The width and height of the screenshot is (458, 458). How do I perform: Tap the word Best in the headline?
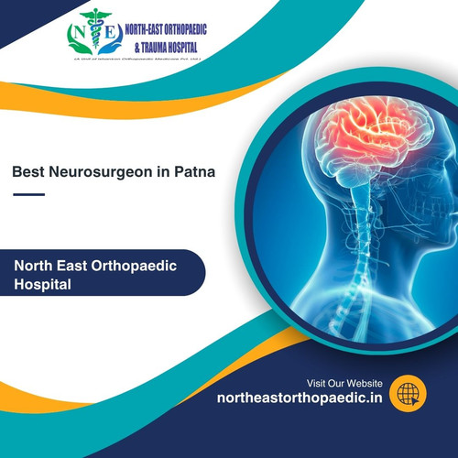pyautogui.click(x=29, y=170)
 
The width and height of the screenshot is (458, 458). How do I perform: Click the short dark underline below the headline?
pyautogui.click(x=29, y=193)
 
